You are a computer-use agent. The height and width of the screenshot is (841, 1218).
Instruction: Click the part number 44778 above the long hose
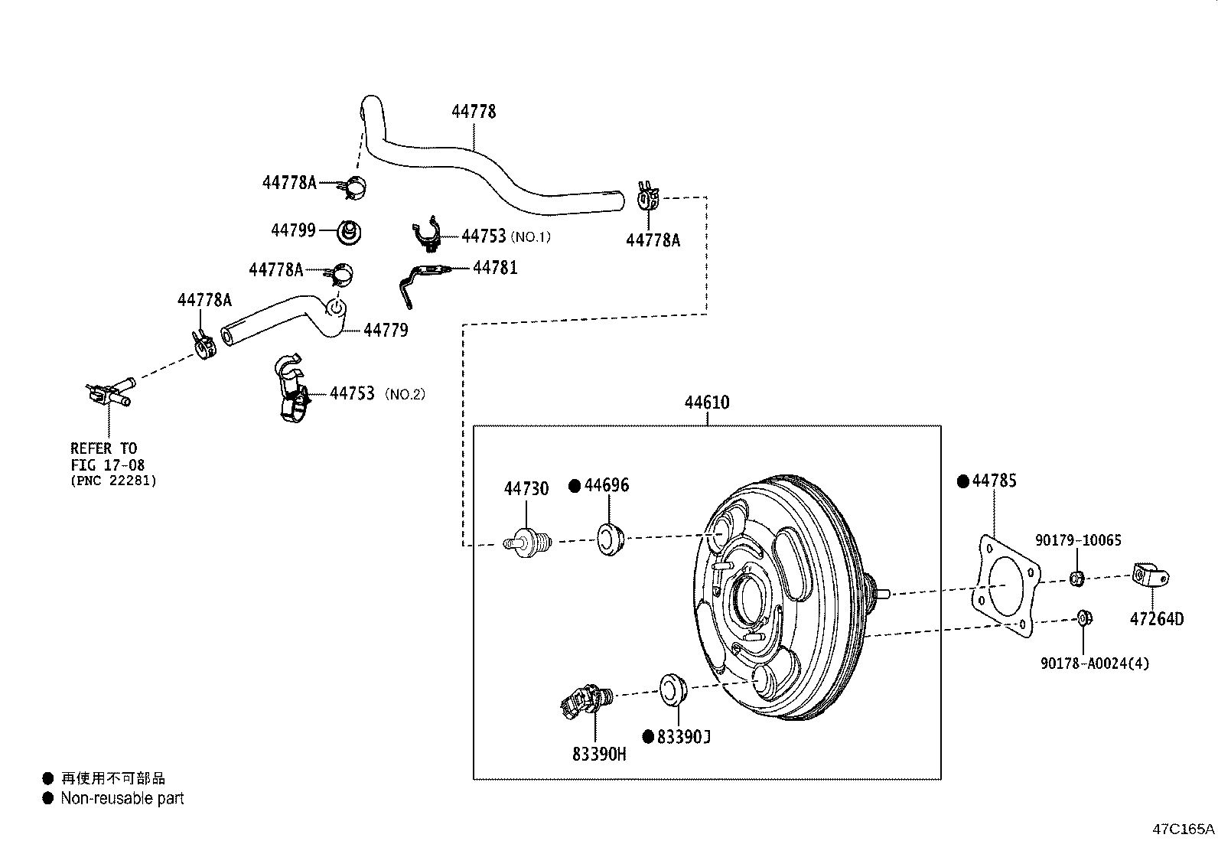(474, 112)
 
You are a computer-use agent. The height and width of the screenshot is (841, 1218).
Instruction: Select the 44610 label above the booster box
(706, 403)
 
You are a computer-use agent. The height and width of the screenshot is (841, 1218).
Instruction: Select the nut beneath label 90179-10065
(1076, 579)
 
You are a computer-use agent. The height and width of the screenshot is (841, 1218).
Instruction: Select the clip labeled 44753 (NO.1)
(428, 236)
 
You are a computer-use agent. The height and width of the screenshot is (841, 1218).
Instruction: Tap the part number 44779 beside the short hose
(386, 330)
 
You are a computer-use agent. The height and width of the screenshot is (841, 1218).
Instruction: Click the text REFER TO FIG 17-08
(108, 456)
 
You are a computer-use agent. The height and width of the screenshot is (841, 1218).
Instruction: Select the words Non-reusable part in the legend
(122, 798)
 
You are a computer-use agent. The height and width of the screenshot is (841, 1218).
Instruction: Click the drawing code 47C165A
(1183, 829)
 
